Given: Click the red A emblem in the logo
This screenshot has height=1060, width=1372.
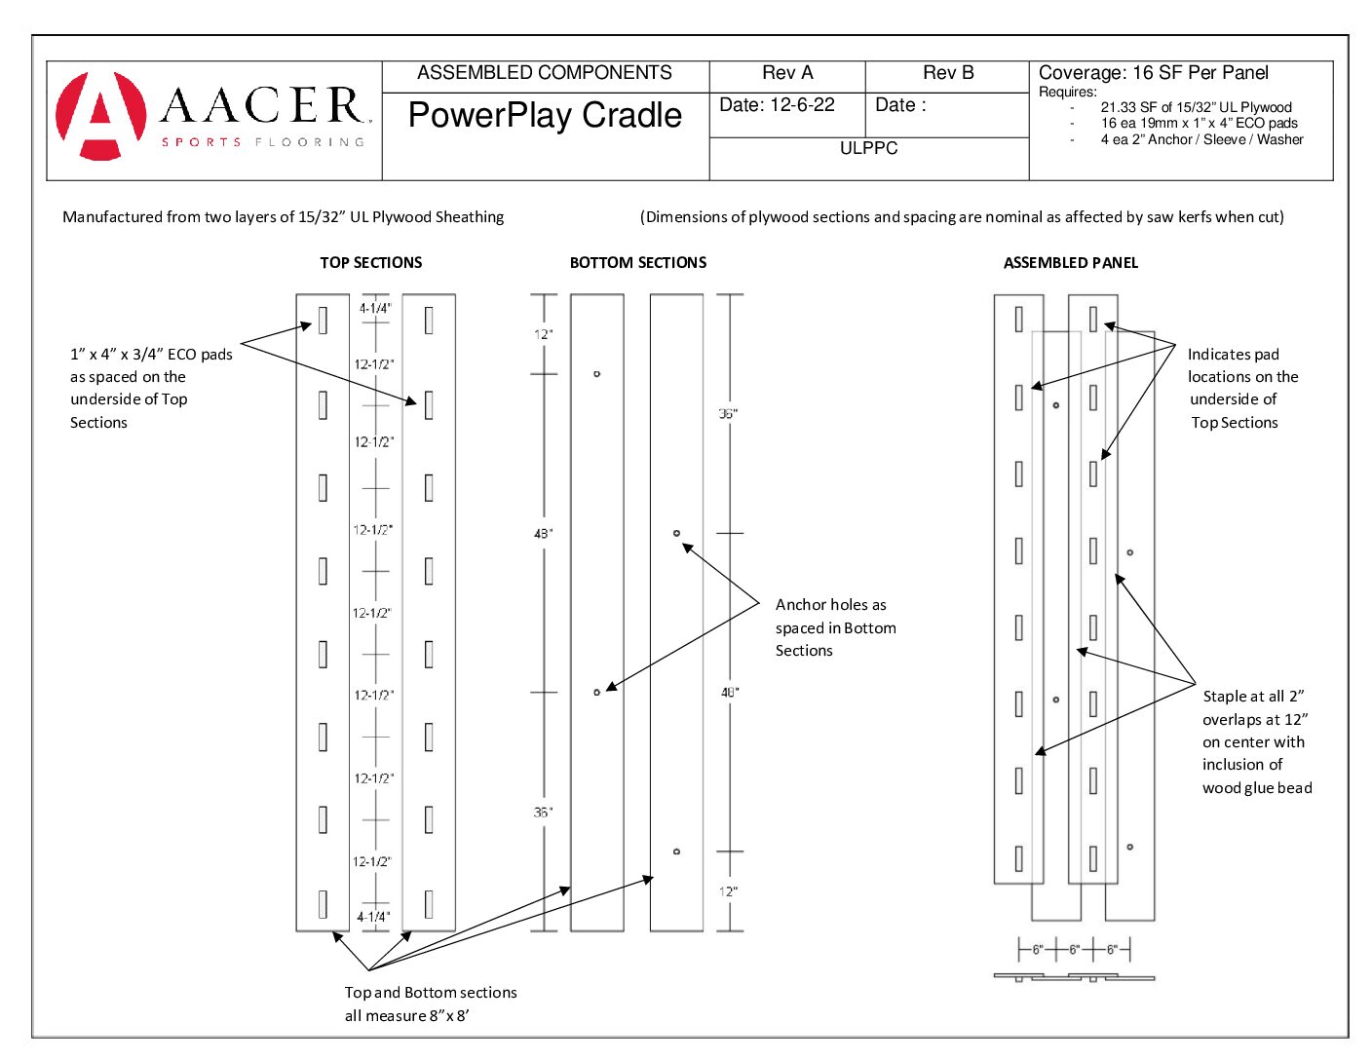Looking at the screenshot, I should point(100,115).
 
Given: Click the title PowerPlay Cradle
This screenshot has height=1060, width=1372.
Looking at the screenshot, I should point(545,115).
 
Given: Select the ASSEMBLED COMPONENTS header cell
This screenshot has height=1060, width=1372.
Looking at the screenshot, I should point(545,73).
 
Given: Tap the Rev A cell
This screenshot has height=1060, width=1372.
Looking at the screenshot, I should point(787,73).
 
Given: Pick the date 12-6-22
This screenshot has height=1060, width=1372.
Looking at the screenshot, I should point(777,105).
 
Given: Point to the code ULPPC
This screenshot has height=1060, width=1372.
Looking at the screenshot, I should point(868,148).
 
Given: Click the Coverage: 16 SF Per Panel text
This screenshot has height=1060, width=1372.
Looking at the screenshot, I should point(1154,73).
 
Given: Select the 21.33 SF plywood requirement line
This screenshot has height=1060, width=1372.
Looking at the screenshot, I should point(1196,107).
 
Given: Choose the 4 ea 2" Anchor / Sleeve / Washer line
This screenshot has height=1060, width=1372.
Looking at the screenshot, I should point(1201,139).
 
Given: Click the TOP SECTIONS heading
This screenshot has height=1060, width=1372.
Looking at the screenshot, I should point(371,263).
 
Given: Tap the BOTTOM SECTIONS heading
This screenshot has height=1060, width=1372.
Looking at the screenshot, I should point(638,263).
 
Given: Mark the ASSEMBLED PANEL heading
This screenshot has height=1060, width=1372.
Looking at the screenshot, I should point(1071,263).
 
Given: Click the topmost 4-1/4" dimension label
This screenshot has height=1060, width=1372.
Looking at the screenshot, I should point(375,309).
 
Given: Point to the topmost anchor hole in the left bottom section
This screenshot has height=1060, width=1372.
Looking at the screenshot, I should point(597,374).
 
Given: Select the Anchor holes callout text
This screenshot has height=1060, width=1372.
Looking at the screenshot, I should point(835,627).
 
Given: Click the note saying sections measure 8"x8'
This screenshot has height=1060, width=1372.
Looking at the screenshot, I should point(430,1004).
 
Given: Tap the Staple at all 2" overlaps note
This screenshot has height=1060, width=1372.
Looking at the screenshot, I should point(1256,742).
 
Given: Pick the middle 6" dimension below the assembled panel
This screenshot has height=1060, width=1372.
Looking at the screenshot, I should point(1075,949).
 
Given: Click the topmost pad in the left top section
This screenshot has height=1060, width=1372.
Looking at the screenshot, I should point(323,320).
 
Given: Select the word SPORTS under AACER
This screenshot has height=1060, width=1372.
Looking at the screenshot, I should point(202,142).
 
